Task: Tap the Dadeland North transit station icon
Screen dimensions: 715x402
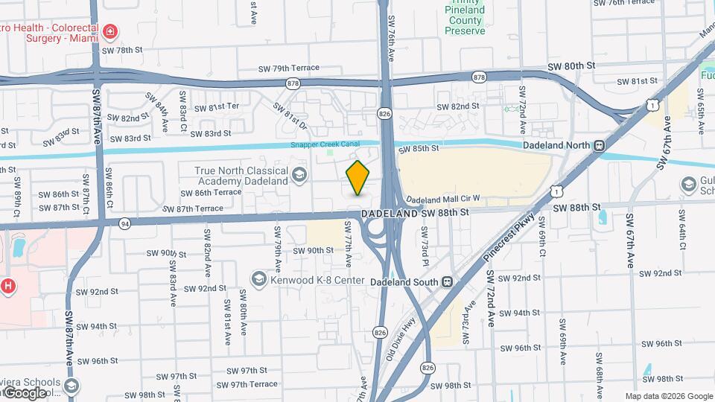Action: (x=597, y=146)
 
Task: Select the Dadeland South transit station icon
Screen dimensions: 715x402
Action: (x=447, y=282)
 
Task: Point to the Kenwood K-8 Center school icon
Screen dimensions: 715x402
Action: (x=259, y=279)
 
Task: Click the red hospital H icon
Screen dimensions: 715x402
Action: (x=8, y=285)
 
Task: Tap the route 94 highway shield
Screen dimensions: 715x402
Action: (x=124, y=222)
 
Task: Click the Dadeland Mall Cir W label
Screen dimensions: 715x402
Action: (x=443, y=200)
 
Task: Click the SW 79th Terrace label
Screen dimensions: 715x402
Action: (x=285, y=68)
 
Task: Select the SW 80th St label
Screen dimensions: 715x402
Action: (x=580, y=66)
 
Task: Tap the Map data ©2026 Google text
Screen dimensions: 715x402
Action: (x=669, y=396)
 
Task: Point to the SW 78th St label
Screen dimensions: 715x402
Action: (x=122, y=50)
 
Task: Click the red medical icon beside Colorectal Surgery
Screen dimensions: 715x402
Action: (x=110, y=31)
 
